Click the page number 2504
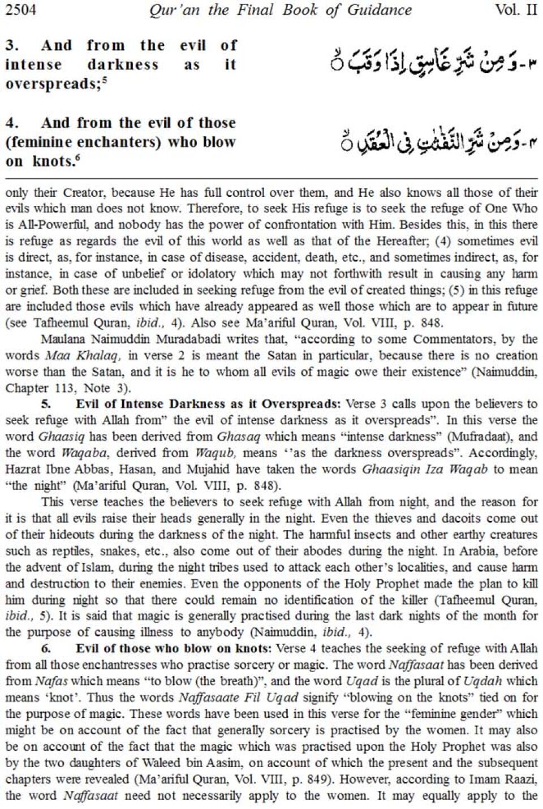click(x=21, y=10)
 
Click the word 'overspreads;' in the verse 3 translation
click(x=51, y=84)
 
